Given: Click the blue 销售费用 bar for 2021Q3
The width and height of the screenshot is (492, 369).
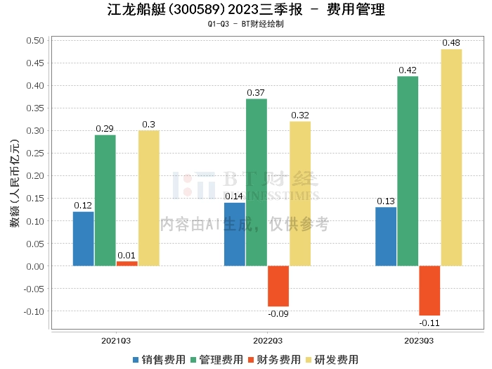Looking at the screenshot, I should (84, 238).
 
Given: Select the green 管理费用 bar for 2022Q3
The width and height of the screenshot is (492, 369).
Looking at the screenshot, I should (257, 182).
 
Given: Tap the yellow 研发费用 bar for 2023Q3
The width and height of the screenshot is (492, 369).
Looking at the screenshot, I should (451, 157).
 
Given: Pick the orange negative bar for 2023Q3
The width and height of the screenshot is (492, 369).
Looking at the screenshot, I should (429, 290).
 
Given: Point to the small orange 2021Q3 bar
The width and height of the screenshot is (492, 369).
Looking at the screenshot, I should (127, 263).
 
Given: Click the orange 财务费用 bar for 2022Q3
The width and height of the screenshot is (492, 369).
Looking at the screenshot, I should (278, 286).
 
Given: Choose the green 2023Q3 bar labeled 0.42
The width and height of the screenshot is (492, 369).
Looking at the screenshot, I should (408, 170).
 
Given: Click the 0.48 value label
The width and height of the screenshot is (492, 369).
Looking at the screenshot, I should (451, 43).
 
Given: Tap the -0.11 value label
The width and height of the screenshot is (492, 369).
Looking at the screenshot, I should (429, 323).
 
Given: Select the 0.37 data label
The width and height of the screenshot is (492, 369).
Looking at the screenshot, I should (257, 93).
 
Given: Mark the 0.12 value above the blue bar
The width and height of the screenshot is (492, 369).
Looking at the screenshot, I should (84, 206).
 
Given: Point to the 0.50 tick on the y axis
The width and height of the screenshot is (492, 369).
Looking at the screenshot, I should (34, 40).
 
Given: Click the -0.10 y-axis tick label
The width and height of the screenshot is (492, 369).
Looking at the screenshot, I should (33, 311).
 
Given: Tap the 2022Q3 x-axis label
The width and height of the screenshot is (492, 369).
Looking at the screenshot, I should (268, 340).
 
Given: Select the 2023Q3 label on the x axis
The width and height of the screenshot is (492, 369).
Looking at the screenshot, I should (419, 340).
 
